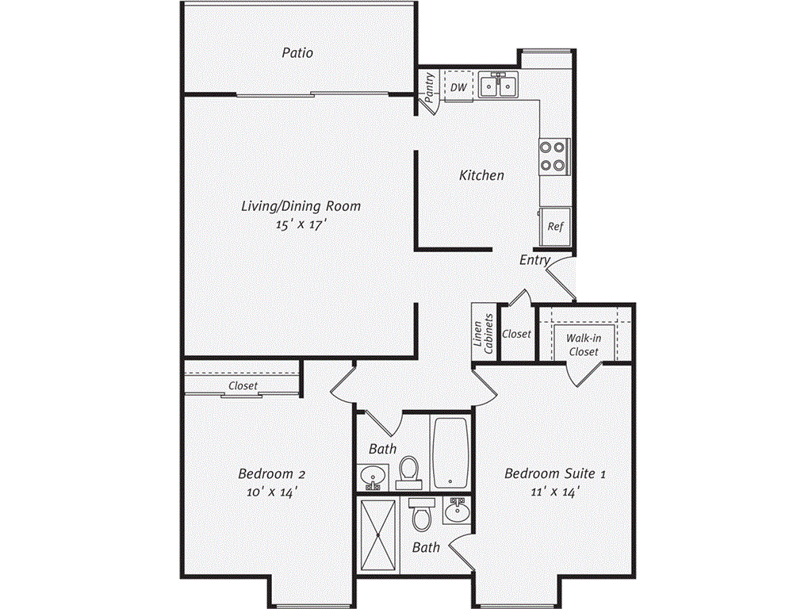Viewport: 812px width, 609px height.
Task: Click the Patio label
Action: point(297,53)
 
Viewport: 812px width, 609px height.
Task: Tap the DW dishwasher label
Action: point(458,87)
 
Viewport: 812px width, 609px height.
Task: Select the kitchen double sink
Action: point(498,86)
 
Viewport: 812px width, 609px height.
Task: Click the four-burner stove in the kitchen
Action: point(553,156)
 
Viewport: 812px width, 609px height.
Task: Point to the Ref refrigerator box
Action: point(554,227)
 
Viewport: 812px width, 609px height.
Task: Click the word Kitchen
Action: point(481,175)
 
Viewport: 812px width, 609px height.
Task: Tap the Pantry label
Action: point(430,87)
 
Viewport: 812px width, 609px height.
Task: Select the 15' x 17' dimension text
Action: point(301,224)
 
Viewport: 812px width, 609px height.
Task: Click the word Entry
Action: point(534,260)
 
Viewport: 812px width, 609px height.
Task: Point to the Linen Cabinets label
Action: point(483,334)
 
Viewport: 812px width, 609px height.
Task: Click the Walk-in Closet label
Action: point(584,345)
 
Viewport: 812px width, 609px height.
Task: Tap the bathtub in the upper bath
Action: point(450,453)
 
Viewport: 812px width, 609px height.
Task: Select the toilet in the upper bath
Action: point(409,473)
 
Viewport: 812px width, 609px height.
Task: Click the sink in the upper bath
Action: point(372,477)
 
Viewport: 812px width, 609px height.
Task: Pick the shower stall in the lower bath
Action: point(378,534)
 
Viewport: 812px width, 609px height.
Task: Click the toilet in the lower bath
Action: point(422,514)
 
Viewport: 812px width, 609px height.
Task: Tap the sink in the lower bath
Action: point(458,511)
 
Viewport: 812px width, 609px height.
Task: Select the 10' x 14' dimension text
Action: point(272,492)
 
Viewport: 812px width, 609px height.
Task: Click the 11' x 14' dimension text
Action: point(554,492)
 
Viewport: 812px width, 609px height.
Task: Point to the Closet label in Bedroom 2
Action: point(243,386)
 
